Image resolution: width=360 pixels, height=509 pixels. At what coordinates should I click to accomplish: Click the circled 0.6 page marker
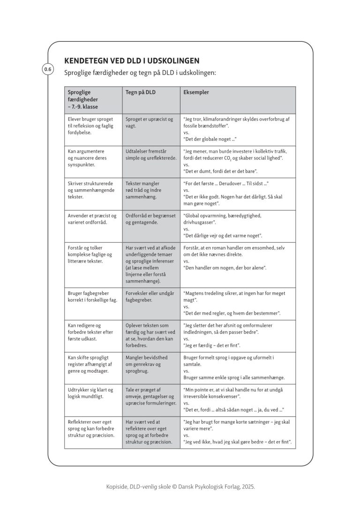(x=48, y=70)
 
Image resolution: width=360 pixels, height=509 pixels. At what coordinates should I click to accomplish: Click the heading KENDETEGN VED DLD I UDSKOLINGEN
(x=132, y=61)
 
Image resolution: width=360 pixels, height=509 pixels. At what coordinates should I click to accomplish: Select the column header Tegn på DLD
(x=141, y=93)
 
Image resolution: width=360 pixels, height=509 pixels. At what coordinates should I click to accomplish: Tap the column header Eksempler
(x=196, y=93)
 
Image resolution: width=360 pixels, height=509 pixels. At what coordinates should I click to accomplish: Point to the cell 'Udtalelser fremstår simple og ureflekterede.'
(x=150, y=155)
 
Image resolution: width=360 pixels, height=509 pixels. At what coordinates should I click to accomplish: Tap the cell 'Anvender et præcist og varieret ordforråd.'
(x=92, y=219)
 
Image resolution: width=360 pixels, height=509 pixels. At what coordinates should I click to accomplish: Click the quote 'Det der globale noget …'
(x=210, y=139)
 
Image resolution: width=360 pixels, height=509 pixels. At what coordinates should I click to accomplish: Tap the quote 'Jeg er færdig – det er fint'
(x=212, y=345)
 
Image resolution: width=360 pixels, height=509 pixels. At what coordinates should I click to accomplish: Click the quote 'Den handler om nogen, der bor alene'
(x=225, y=268)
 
